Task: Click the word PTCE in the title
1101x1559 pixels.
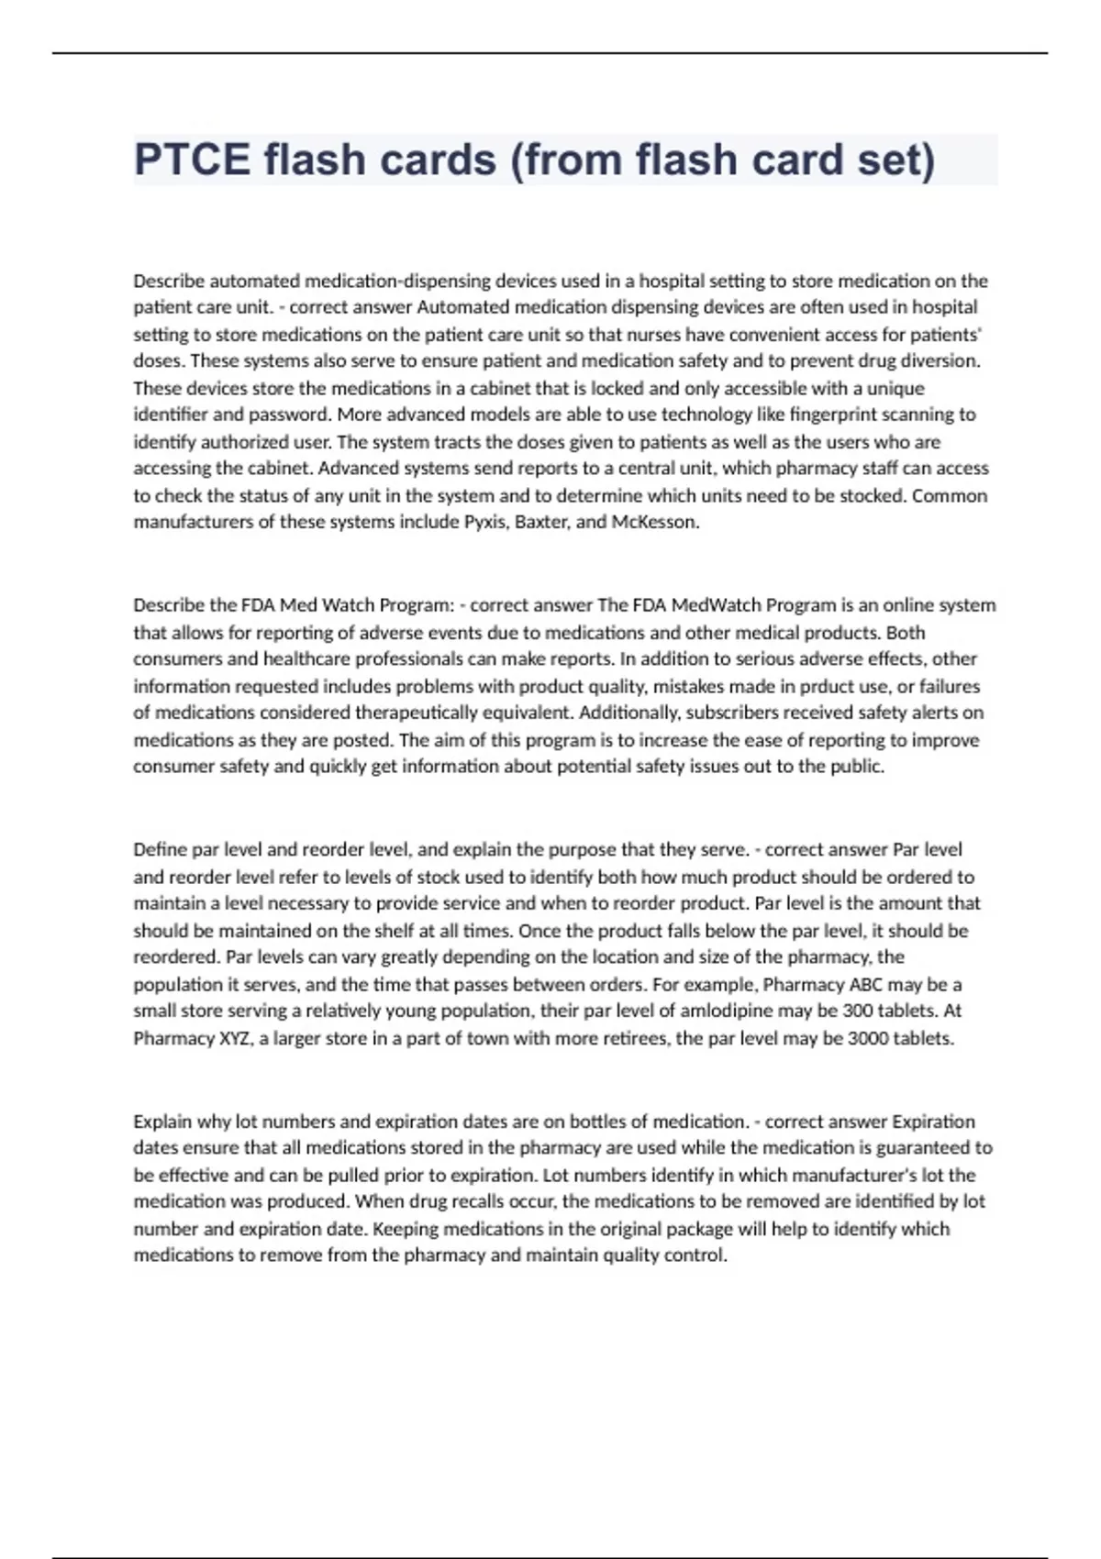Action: point(192,160)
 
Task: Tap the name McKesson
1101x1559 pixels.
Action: point(655,523)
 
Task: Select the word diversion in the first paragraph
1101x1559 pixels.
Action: point(943,360)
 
